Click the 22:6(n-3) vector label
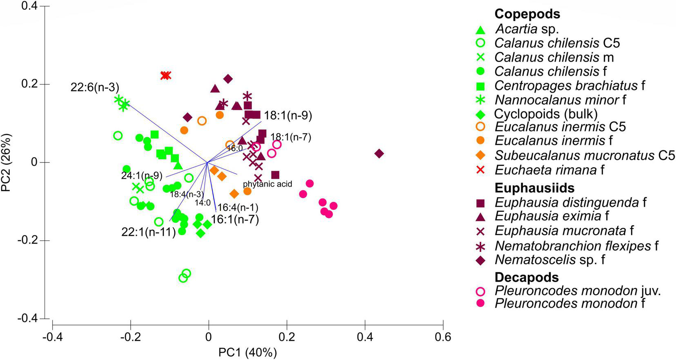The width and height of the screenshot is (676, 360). tap(95, 87)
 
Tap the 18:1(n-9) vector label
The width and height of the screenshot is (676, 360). tap(288, 116)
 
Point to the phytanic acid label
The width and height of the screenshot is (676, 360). tap(267, 184)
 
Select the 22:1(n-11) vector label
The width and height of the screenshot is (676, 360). tap(148, 232)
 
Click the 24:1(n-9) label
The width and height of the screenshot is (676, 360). tap(142, 176)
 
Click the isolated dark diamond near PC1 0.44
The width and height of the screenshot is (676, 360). tap(379, 154)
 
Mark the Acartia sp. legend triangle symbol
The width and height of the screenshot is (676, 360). tap(480, 29)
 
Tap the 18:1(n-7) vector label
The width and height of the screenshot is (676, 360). tap(291, 137)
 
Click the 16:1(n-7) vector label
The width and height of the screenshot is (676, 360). tap(235, 220)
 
